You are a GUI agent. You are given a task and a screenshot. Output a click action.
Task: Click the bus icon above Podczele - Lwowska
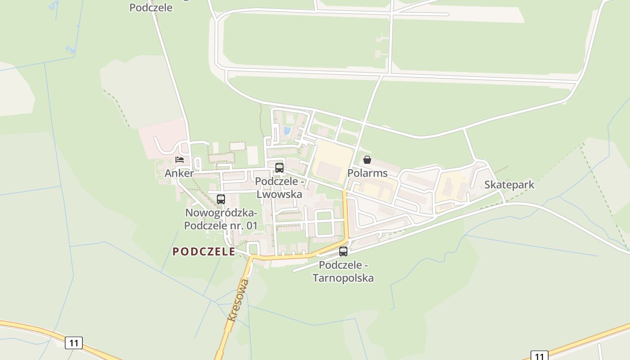(279, 168)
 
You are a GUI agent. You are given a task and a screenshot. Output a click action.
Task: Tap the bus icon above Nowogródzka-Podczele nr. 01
(221, 199)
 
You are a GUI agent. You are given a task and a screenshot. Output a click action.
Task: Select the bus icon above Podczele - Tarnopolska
(343, 252)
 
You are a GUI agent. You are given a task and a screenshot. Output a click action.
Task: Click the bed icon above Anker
(180, 160)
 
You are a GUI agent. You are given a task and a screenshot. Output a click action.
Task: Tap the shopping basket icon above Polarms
(367, 160)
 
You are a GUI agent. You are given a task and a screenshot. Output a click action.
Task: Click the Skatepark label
(509, 184)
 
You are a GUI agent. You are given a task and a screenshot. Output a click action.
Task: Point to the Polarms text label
(367, 173)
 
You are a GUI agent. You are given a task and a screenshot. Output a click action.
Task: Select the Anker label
(179, 173)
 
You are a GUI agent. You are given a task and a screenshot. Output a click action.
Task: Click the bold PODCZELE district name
(204, 252)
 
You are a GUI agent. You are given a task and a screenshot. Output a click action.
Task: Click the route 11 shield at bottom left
(74, 343)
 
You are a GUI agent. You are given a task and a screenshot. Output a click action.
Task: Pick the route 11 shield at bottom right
(539, 355)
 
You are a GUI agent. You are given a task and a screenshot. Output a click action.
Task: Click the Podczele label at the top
(151, 8)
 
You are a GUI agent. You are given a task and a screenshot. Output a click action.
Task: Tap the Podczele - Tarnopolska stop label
(343, 272)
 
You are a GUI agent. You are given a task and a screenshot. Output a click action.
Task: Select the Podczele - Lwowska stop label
(279, 188)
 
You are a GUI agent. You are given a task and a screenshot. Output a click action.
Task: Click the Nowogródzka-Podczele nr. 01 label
(221, 219)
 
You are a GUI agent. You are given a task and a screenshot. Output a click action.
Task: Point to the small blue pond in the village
(287, 131)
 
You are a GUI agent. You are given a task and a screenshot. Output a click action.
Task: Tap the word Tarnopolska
(343, 278)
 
